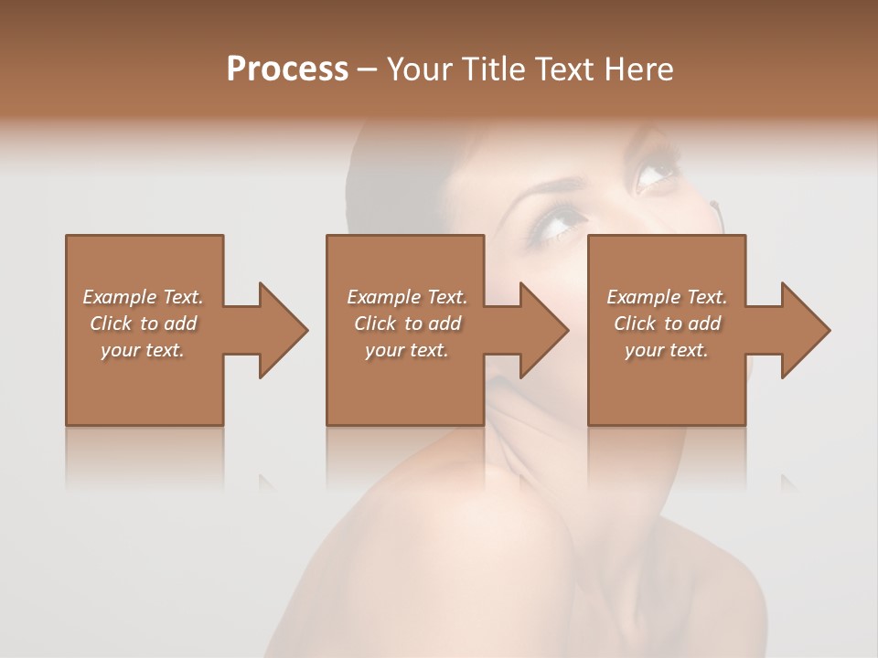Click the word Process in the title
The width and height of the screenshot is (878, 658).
(287, 69)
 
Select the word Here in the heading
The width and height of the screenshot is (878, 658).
(638, 69)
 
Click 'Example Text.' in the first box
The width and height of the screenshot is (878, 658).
(143, 297)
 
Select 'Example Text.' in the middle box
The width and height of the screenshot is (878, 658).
(407, 297)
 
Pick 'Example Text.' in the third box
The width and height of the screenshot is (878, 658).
(667, 297)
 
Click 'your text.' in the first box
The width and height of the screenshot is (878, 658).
(143, 350)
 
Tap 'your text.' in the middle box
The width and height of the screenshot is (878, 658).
(407, 350)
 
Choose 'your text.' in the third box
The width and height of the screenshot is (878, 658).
(667, 350)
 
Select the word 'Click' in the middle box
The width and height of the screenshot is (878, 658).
(375, 324)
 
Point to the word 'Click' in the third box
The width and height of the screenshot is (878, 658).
(635, 324)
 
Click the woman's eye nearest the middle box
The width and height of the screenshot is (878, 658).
(558, 222)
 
